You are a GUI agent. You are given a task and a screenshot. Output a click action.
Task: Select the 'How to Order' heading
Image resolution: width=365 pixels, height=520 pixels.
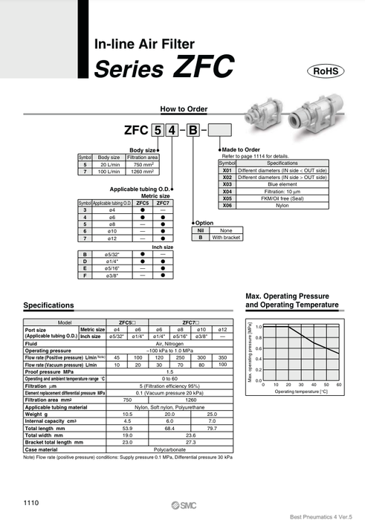click(x=182, y=108)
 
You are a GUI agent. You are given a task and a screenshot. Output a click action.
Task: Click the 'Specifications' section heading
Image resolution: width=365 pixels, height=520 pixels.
click(x=48, y=305)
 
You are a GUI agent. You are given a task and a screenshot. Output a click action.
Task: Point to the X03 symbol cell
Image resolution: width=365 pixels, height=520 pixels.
click(x=227, y=185)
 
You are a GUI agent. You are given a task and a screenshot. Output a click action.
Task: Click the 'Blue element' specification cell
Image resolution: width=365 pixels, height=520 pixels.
click(x=282, y=185)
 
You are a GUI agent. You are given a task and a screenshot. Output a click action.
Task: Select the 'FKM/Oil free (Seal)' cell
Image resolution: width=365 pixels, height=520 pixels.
click(x=282, y=198)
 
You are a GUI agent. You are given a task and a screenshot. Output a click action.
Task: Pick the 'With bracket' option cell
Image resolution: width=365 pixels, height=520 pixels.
click(x=227, y=238)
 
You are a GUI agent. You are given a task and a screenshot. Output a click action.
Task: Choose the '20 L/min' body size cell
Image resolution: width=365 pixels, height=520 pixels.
click(x=109, y=165)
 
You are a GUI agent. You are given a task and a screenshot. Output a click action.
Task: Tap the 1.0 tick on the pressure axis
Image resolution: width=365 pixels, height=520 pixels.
click(x=258, y=327)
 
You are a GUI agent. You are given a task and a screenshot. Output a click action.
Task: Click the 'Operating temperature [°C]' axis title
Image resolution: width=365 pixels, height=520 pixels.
click(x=301, y=391)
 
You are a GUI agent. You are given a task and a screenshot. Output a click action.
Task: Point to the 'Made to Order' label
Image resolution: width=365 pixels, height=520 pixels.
click(x=241, y=150)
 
